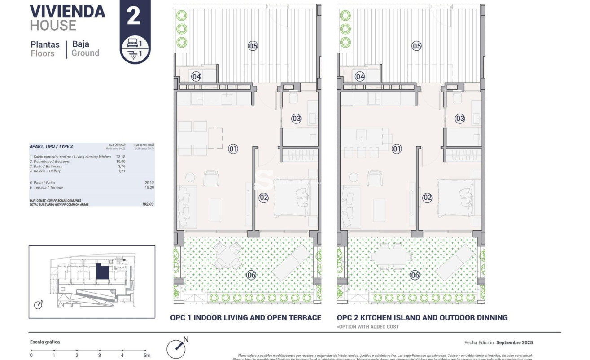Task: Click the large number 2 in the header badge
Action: (134, 16)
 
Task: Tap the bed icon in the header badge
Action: (132, 43)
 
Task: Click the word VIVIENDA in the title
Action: (67, 11)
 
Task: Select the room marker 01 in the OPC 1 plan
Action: (233, 149)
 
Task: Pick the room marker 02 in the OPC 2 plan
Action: (427, 197)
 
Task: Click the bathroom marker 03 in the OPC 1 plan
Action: (296, 119)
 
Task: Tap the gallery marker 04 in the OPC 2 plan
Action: (360, 77)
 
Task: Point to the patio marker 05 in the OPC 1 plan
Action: (253, 45)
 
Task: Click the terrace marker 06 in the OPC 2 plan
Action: (415, 276)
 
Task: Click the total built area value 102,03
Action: (148, 204)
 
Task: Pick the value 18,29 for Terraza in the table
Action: (148, 187)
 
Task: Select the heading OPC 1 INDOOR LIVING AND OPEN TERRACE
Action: (245, 317)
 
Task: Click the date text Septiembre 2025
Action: (515, 342)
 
